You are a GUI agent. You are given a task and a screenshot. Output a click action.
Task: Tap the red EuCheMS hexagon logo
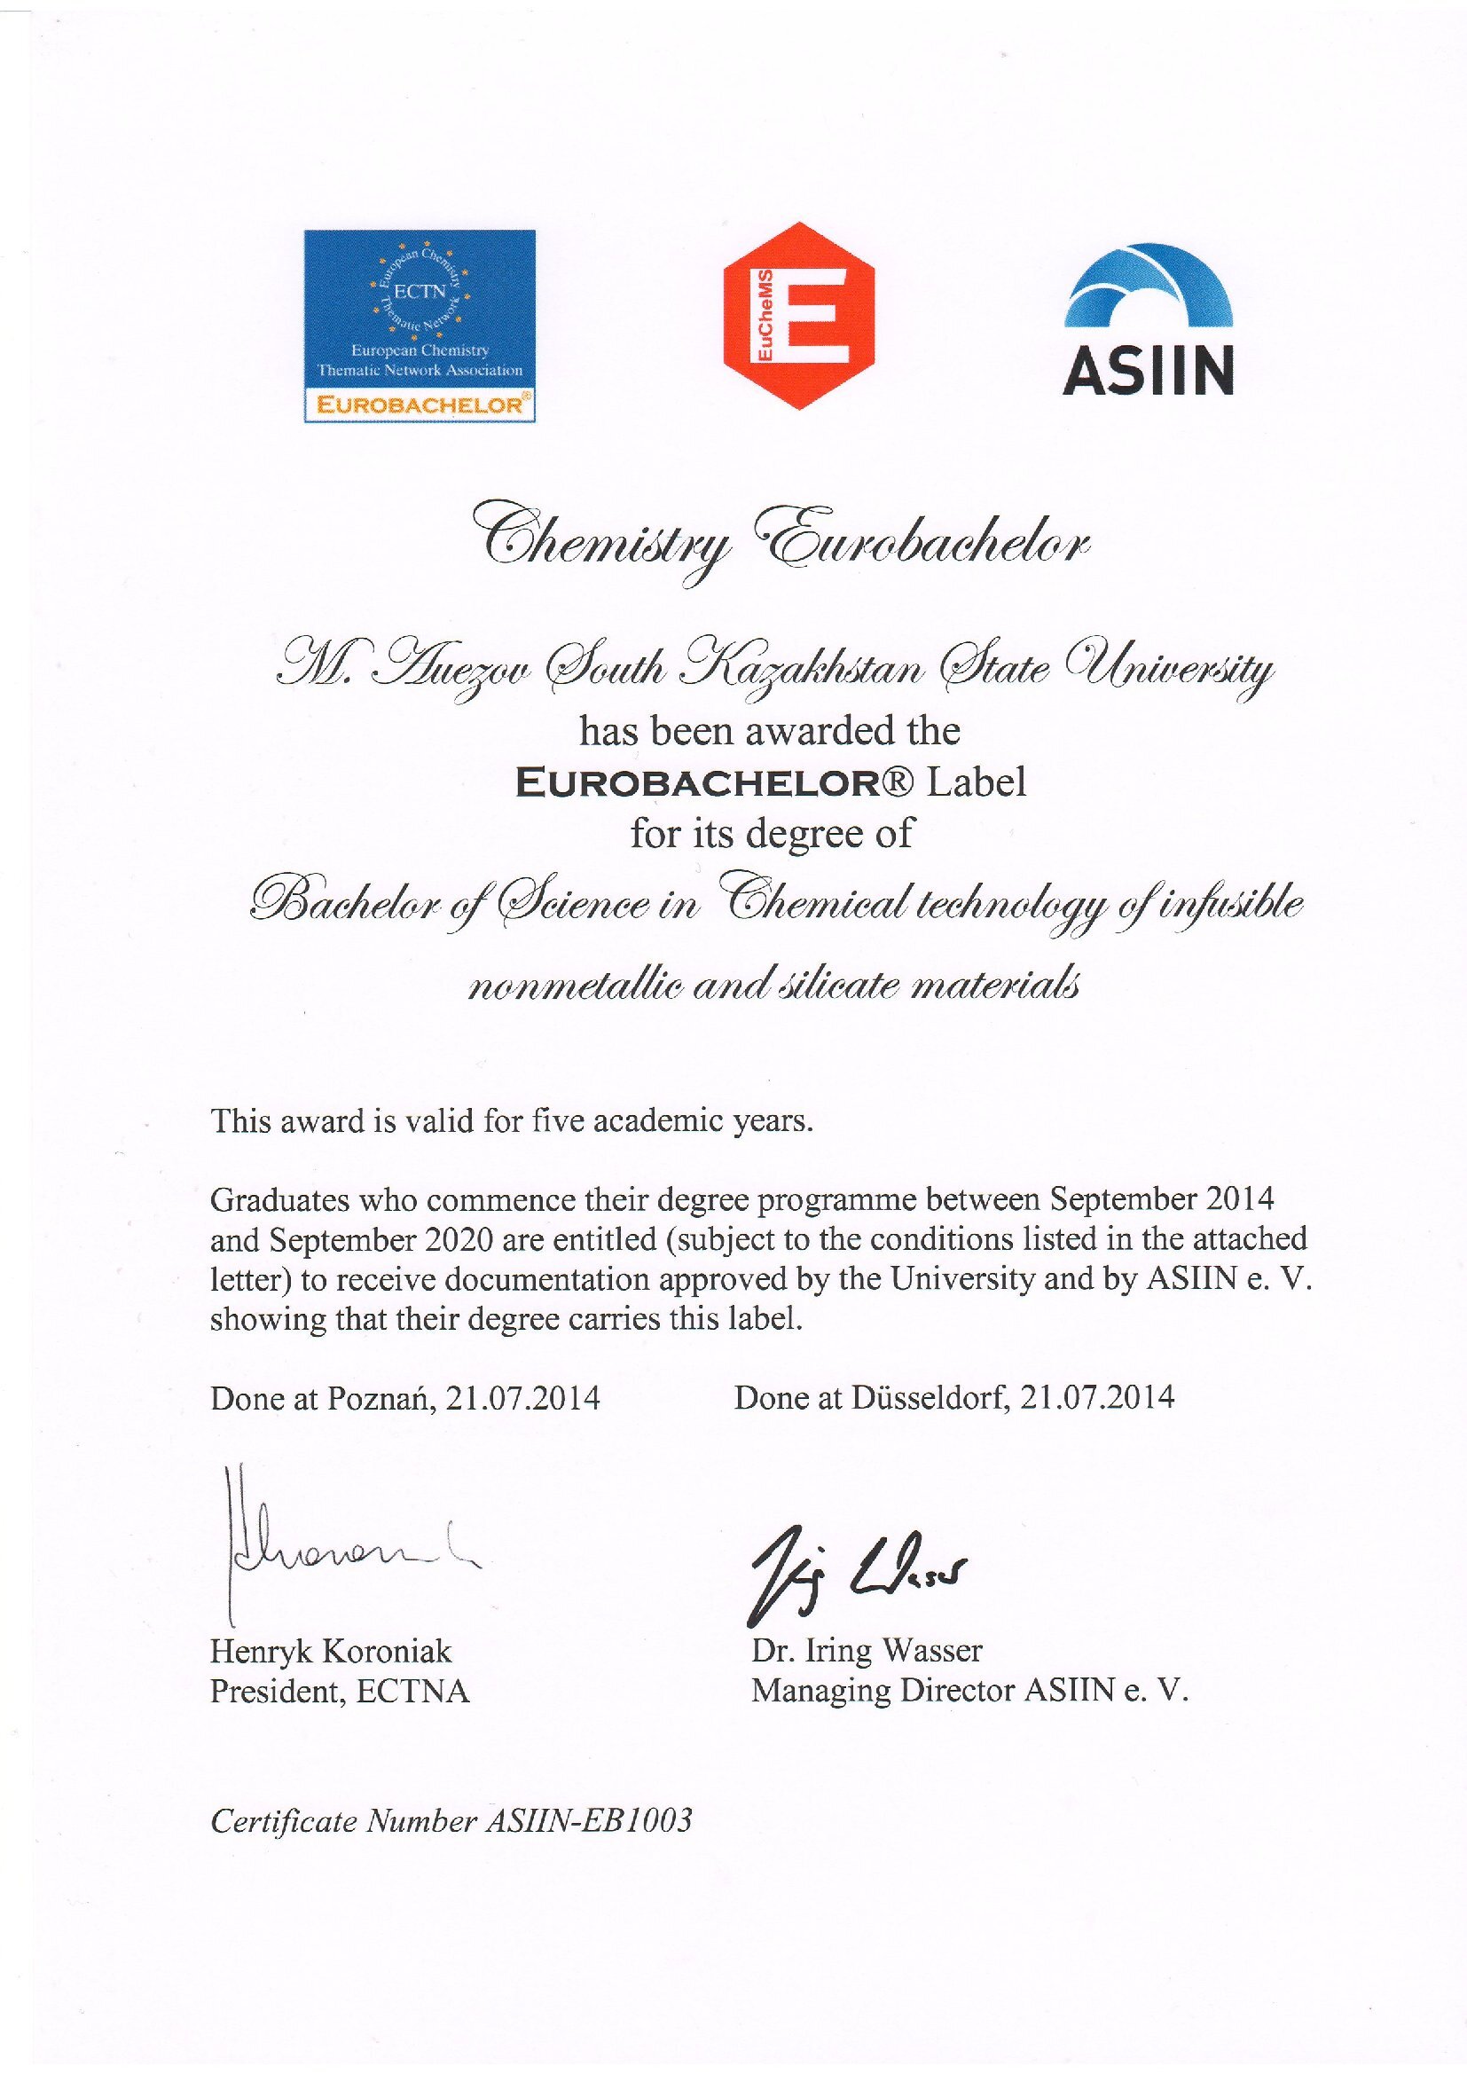799,315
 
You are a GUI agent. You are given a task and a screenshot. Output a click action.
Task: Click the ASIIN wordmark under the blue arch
1148,372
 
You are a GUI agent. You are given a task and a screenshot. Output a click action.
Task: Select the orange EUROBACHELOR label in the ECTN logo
420,405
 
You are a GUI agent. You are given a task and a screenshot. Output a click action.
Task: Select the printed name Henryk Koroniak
331,1652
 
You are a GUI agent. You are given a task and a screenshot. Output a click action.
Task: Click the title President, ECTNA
340,1691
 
